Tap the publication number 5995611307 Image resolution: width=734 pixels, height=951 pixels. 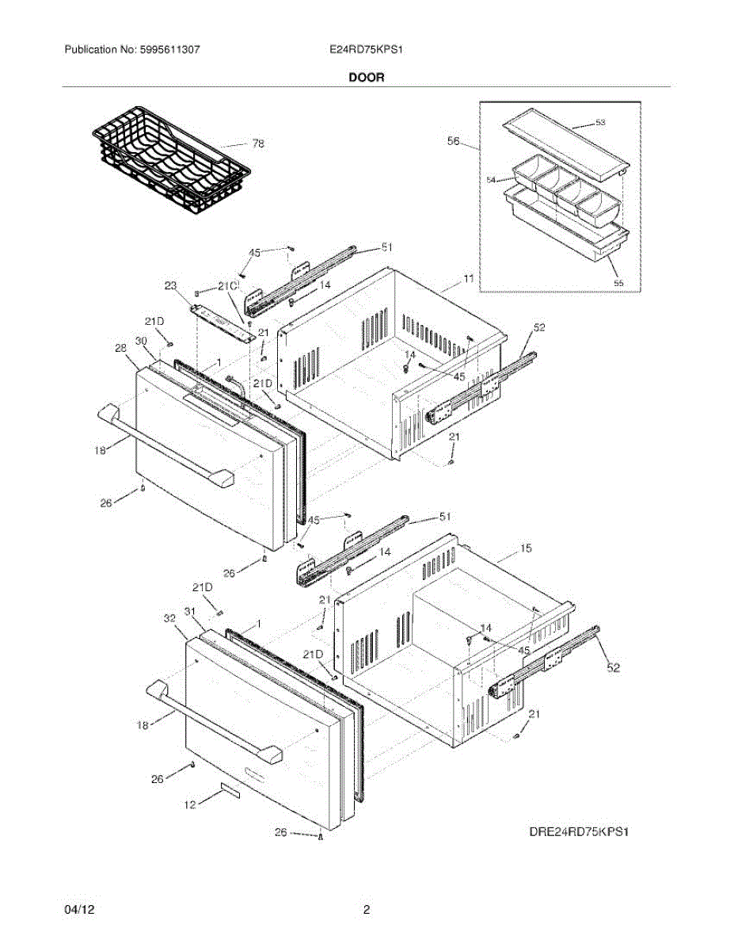tap(171, 49)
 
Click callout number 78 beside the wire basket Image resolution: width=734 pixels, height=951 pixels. tap(258, 143)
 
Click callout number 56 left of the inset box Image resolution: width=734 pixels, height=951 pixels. tap(454, 141)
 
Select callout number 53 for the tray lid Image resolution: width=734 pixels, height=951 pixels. tap(600, 123)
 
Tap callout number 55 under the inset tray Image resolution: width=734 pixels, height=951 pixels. tap(618, 281)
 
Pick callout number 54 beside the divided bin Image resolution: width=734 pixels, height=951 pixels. tap(492, 180)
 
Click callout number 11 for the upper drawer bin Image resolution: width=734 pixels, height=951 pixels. tap(469, 279)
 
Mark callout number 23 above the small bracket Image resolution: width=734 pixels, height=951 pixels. tap(170, 287)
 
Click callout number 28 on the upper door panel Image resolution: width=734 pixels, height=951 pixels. tap(121, 348)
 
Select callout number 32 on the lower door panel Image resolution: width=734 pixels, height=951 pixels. tap(169, 618)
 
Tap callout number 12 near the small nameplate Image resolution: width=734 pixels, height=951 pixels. tap(189, 805)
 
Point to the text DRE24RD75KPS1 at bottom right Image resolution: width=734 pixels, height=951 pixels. tap(583, 833)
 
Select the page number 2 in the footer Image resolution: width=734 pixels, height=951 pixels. tap(367, 911)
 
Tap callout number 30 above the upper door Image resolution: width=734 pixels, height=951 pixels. tap(141, 341)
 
